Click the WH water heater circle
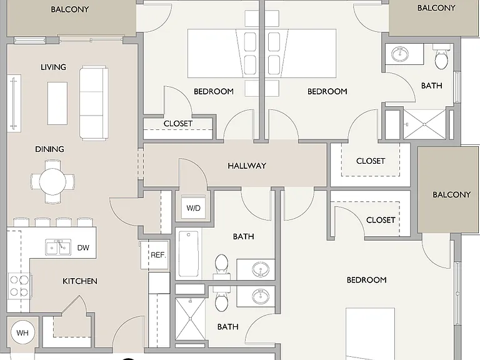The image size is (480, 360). click(22, 332)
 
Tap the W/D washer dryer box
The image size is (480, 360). click(193, 208)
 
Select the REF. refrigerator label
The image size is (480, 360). click(158, 255)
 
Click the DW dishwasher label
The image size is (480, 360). click(83, 247)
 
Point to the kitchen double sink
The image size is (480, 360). click(58, 247)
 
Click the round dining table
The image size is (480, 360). click(52, 181)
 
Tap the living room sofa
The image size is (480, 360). click(94, 103)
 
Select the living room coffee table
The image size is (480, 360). click(57, 103)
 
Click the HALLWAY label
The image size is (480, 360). click(247, 166)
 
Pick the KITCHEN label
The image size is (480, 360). click(80, 281)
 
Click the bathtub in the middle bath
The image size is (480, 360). click(189, 254)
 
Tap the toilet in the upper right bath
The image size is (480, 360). click(442, 57)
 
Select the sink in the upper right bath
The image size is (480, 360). click(400, 54)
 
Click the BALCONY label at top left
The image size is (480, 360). click(70, 9)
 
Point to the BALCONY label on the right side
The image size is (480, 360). click(451, 195)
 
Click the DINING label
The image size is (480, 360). click(49, 149)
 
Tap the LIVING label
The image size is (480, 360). click(53, 67)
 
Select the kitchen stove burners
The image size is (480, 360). click(19, 286)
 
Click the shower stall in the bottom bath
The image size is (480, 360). click(190, 319)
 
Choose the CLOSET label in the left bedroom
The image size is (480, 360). click(178, 124)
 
